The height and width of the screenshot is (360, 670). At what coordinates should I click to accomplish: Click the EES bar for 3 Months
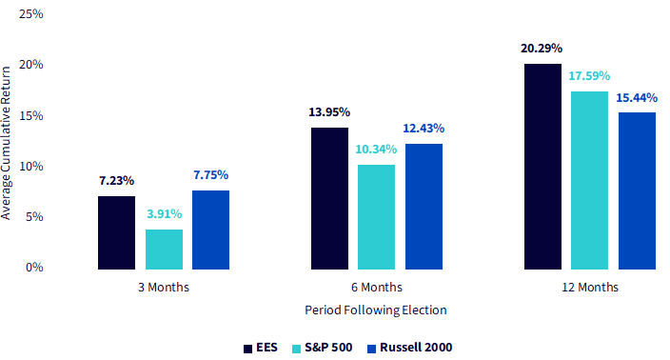116,232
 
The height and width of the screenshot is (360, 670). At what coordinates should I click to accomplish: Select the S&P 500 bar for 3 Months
164,250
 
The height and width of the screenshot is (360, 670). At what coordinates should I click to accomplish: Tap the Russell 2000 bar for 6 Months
424,207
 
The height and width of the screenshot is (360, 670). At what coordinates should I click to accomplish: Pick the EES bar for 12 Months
542,167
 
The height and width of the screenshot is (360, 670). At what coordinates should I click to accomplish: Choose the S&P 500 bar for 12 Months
590,180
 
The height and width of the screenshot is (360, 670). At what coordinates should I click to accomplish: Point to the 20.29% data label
542,49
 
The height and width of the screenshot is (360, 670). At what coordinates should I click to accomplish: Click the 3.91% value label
165,213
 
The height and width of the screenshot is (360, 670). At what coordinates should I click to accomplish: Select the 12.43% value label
424,129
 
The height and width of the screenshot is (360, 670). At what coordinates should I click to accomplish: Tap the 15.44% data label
637,98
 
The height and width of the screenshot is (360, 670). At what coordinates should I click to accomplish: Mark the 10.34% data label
376,150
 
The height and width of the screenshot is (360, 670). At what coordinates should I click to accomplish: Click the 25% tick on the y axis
31,14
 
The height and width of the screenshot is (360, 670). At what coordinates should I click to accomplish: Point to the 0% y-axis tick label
34,268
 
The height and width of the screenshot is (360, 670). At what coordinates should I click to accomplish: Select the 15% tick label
31,115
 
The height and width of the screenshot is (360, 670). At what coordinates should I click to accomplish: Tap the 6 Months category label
377,287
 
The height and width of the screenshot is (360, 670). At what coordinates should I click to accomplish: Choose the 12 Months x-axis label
590,287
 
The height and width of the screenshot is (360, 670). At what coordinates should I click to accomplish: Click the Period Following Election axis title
376,310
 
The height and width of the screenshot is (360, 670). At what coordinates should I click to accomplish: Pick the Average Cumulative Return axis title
6,143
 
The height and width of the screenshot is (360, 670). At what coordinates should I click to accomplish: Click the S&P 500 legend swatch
297,349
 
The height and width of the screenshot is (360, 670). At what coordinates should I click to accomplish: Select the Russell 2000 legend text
416,348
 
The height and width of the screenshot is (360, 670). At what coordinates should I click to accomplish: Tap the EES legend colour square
247,349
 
